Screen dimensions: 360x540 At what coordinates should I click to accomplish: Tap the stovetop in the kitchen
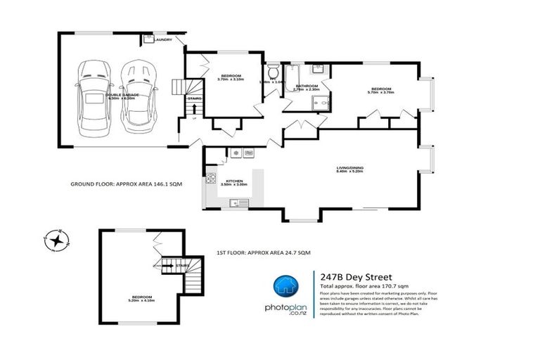(210, 181)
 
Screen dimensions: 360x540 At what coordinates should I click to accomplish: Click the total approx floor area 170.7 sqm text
(364, 287)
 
